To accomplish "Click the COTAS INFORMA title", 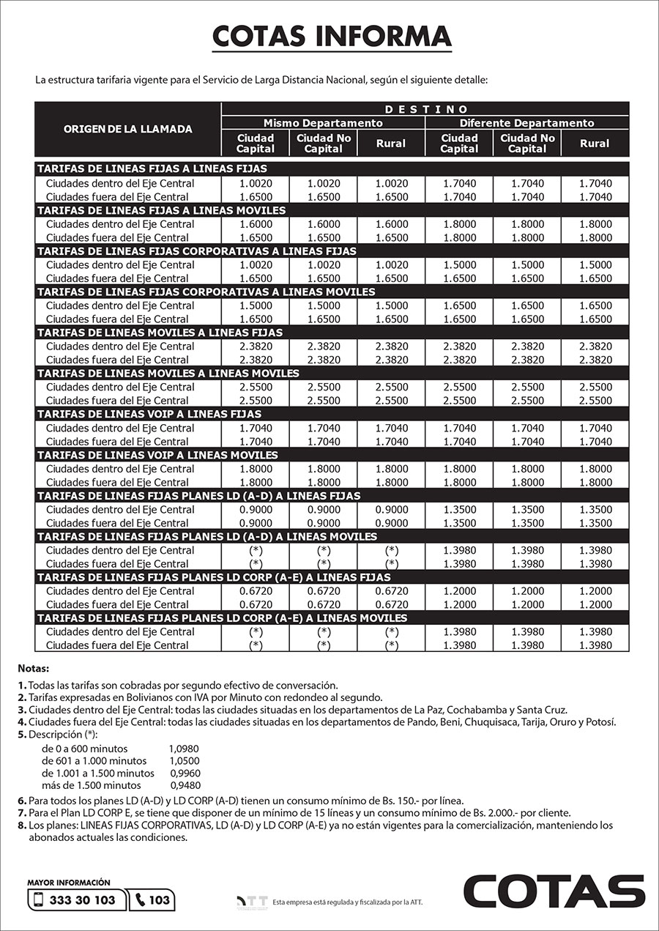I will pyautogui.click(x=331, y=36).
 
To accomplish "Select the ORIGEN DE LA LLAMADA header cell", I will pyautogui.click(x=127, y=129).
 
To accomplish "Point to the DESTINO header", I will pyautogui.click(x=425, y=109).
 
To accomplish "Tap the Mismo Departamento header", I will pyautogui.click(x=323, y=123).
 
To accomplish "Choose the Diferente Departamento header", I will pyautogui.click(x=526, y=123).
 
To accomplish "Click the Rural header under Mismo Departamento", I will pyautogui.click(x=390, y=144).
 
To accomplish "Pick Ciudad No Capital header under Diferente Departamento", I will pyautogui.click(x=527, y=144).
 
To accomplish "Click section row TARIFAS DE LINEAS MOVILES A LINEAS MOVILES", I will pyautogui.click(x=168, y=374).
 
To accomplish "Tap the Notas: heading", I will pyautogui.click(x=34, y=669).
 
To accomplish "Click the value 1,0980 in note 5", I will pyautogui.click(x=184, y=749).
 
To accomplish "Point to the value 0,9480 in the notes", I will pyautogui.click(x=185, y=785).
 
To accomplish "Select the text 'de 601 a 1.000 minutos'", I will pyautogui.click(x=94, y=761).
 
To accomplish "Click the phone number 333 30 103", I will pyautogui.click(x=82, y=900).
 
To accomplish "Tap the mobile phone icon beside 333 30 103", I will pyautogui.click(x=40, y=900).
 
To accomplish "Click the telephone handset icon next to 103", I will pyautogui.click(x=140, y=900).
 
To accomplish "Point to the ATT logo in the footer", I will pyautogui.click(x=251, y=902).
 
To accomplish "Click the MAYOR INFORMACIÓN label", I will pyautogui.click(x=69, y=883).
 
